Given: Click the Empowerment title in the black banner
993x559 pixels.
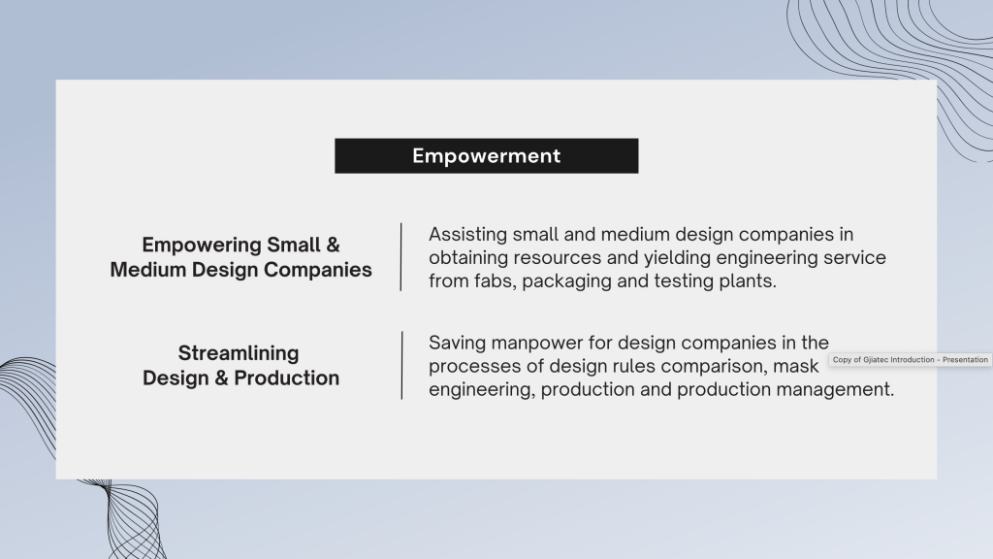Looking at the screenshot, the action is pyautogui.click(x=487, y=156).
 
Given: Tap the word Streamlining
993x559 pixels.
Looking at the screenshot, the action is pyautogui.click(x=239, y=353).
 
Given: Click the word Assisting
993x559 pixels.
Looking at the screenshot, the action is pyautogui.click(x=468, y=235).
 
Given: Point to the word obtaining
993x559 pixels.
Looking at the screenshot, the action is pyautogui.click(x=468, y=258).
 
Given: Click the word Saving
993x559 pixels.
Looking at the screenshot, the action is pyautogui.click(x=458, y=344).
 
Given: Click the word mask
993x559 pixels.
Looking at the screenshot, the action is pyautogui.click(x=795, y=366).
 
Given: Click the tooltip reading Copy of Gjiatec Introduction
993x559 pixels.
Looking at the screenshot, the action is pyautogui.click(x=910, y=360).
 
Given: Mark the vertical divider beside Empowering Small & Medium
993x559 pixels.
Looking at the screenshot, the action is pyautogui.click(x=400, y=256).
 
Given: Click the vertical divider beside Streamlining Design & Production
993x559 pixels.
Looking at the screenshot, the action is pyautogui.click(x=401, y=365).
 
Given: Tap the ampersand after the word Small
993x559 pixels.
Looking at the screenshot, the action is pyautogui.click(x=334, y=246).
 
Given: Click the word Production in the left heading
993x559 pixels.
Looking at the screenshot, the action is pyautogui.click(x=286, y=378).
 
